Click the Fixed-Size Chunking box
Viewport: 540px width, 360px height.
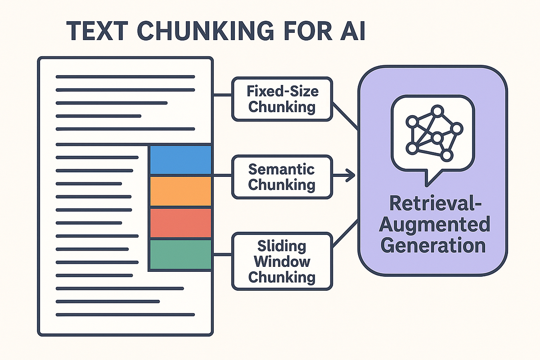pyautogui.click(x=282, y=99)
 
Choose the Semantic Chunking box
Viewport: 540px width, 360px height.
pyautogui.click(x=282, y=177)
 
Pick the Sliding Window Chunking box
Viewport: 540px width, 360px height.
pyautogui.click(x=282, y=261)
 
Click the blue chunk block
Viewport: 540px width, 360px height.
pyautogui.click(x=180, y=160)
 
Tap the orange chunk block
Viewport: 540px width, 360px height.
pyautogui.click(x=180, y=191)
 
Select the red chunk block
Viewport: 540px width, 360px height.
pyautogui.click(x=180, y=222)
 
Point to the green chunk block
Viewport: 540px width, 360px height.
pyautogui.click(x=180, y=254)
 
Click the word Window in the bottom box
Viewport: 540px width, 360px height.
pyautogui.click(x=282, y=261)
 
